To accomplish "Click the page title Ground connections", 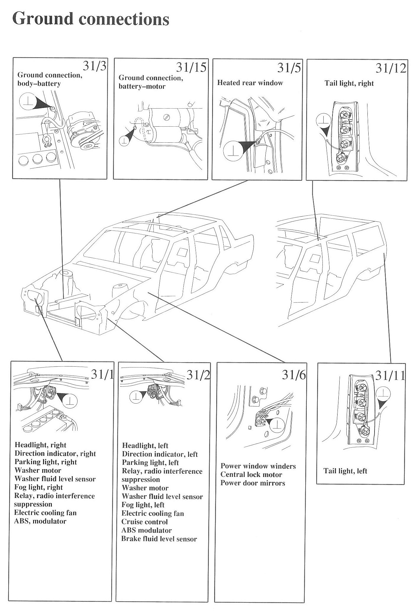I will (91, 19).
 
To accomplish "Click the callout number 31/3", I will (94, 66).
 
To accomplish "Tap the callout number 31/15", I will (191, 68).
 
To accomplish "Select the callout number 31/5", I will (289, 68).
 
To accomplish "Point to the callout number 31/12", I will (391, 69).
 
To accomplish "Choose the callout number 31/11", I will (390, 376).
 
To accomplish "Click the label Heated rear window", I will (250, 83).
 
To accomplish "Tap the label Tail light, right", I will (349, 83).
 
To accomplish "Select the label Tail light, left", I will (345, 471).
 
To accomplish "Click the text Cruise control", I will (145, 522).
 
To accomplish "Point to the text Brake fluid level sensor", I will (159, 539).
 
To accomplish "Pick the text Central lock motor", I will (251, 475).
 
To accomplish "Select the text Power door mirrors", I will (253, 483).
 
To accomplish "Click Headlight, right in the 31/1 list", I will (40, 445).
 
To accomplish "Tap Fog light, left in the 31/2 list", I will (143, 505).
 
